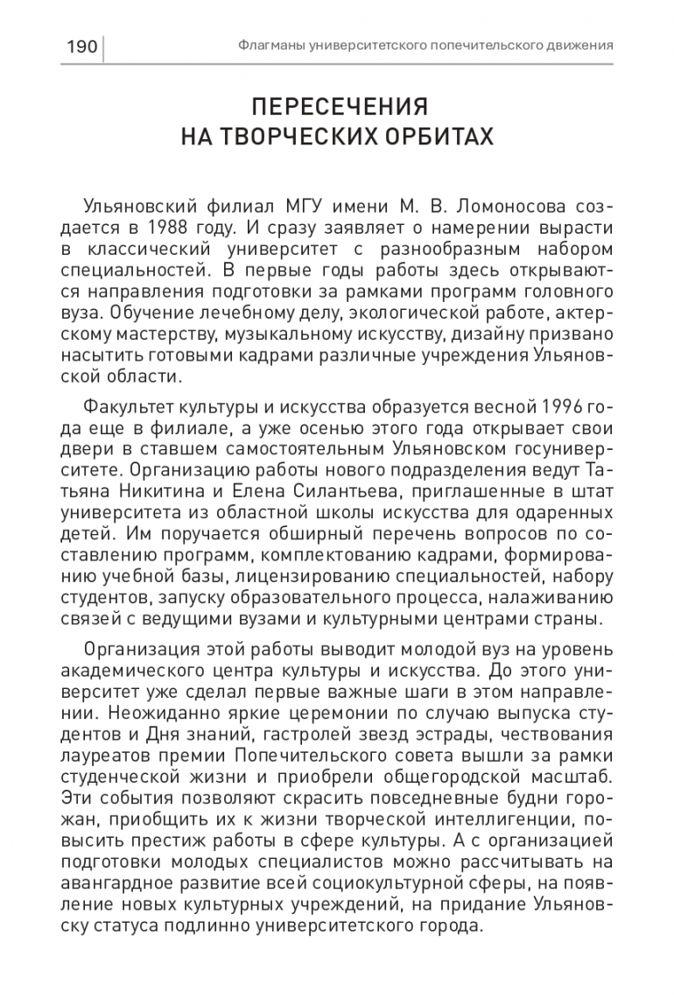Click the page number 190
[x=81, y=46]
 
